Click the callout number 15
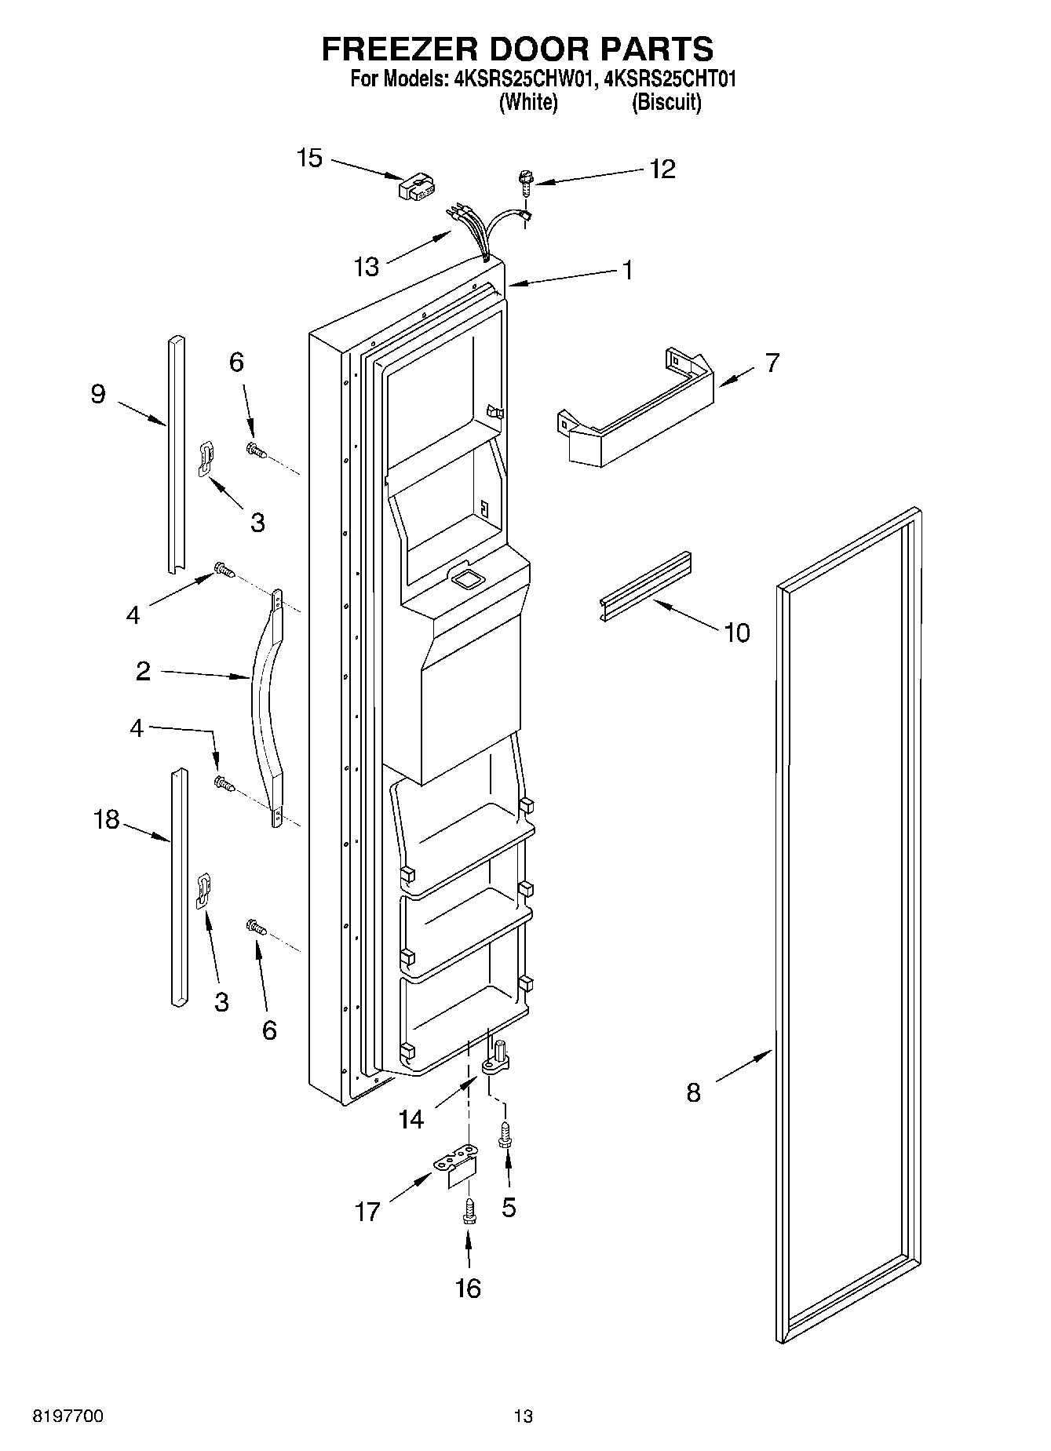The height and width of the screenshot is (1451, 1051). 309,158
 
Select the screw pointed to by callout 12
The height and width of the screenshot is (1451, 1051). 525,183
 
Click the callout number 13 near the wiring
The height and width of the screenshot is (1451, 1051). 366,267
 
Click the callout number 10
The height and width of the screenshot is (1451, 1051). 736,632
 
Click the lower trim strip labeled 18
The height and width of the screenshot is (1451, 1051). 178,887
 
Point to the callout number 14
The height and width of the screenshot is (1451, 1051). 411,1119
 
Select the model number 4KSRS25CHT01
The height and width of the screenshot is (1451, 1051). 671,79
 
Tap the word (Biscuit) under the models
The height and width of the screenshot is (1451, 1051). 666,103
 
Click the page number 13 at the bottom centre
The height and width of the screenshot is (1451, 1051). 523,1416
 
